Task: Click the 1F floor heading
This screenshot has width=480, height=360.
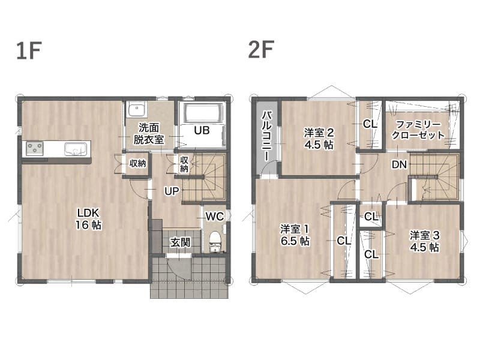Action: pyautogui.click(x=29, y=50)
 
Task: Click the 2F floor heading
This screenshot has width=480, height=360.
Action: pyautogui.click(x=261, y=49)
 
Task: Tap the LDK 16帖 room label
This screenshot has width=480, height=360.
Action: pyautogui.click(x=88, y=219)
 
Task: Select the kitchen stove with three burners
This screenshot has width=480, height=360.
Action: pyautogui.click(x=35, y=148)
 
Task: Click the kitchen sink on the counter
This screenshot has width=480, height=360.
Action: pyautogui.click(x=76, y=149)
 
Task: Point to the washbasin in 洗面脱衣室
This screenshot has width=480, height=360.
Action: pyautogui.click(x=137, y=109)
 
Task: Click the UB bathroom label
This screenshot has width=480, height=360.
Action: pyautogui.click(x=202, y=130)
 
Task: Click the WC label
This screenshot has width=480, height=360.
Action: pyautogui.click(x=215, y=217)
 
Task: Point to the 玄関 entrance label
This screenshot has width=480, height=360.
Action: pyautogui.click(x=181, y=242)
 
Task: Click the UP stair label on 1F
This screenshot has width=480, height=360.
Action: pyautogui.click(x=172, y=191)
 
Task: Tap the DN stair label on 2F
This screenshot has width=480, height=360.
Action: pyautogui.click(x=399, y=164)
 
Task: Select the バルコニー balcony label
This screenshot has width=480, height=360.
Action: pyautogui.click(x=266, y=136)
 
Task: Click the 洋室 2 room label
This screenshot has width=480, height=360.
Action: pyautogui.click(x=319, y=133)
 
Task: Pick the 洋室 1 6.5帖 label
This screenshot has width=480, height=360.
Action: pyautogui.click(x=295, y=235)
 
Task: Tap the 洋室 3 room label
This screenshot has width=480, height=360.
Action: pyautogui.click(x=425, y=235)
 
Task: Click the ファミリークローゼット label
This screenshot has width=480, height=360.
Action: pyautogui.click(x=418, y=130)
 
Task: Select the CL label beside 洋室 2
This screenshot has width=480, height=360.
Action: pyautogui.click(x=370, y=124)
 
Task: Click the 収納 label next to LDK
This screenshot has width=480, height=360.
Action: pyautogui.click(x=137, y=163)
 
